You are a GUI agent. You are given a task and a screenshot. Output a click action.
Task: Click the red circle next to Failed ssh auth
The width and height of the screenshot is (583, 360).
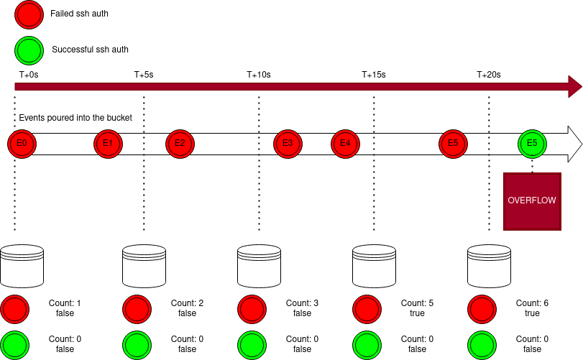click(29, 14)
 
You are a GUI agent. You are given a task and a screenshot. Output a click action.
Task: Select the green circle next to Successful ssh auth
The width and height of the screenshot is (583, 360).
click(29, 50)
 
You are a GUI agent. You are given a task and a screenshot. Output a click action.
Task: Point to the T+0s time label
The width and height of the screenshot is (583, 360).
click(29, 74)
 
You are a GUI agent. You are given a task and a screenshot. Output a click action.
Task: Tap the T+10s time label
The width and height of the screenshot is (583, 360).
click(259, 74)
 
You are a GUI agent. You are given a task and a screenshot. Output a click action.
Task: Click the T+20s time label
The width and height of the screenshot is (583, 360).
click(489, 74)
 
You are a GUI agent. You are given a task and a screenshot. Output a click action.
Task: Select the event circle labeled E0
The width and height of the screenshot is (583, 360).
click(22, 144)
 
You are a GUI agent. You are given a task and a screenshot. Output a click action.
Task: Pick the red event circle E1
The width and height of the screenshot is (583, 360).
click(108, 144)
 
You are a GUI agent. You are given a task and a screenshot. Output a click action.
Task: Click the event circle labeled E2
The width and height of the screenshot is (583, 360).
click(180, 144)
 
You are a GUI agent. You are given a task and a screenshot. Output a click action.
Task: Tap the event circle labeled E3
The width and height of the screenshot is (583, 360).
click(288, 144)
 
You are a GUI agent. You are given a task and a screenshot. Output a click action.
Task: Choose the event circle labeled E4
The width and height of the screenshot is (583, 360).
click(345, 144)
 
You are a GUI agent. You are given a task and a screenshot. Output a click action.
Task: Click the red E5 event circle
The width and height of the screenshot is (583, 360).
click(453, 144)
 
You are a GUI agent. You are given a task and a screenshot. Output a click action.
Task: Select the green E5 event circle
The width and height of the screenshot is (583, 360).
click(532, 144)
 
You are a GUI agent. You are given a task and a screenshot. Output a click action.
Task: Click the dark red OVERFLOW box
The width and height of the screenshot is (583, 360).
click(532, 201)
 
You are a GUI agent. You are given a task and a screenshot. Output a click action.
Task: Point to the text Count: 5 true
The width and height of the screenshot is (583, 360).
click(417, 308)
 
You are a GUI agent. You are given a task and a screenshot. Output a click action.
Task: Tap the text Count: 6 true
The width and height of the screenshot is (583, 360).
click(532, 308)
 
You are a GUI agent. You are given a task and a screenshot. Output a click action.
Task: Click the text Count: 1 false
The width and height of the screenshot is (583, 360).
click(65, 308)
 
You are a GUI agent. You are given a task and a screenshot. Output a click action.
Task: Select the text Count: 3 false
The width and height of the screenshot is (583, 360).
click(302, 308)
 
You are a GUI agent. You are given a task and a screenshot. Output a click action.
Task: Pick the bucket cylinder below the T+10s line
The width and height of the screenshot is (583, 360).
click(259, 265)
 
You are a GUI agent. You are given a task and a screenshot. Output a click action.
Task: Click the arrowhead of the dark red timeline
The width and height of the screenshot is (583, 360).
click(574, 86)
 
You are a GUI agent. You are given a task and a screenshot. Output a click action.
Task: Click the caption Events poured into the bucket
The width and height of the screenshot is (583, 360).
click(75, 117)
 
